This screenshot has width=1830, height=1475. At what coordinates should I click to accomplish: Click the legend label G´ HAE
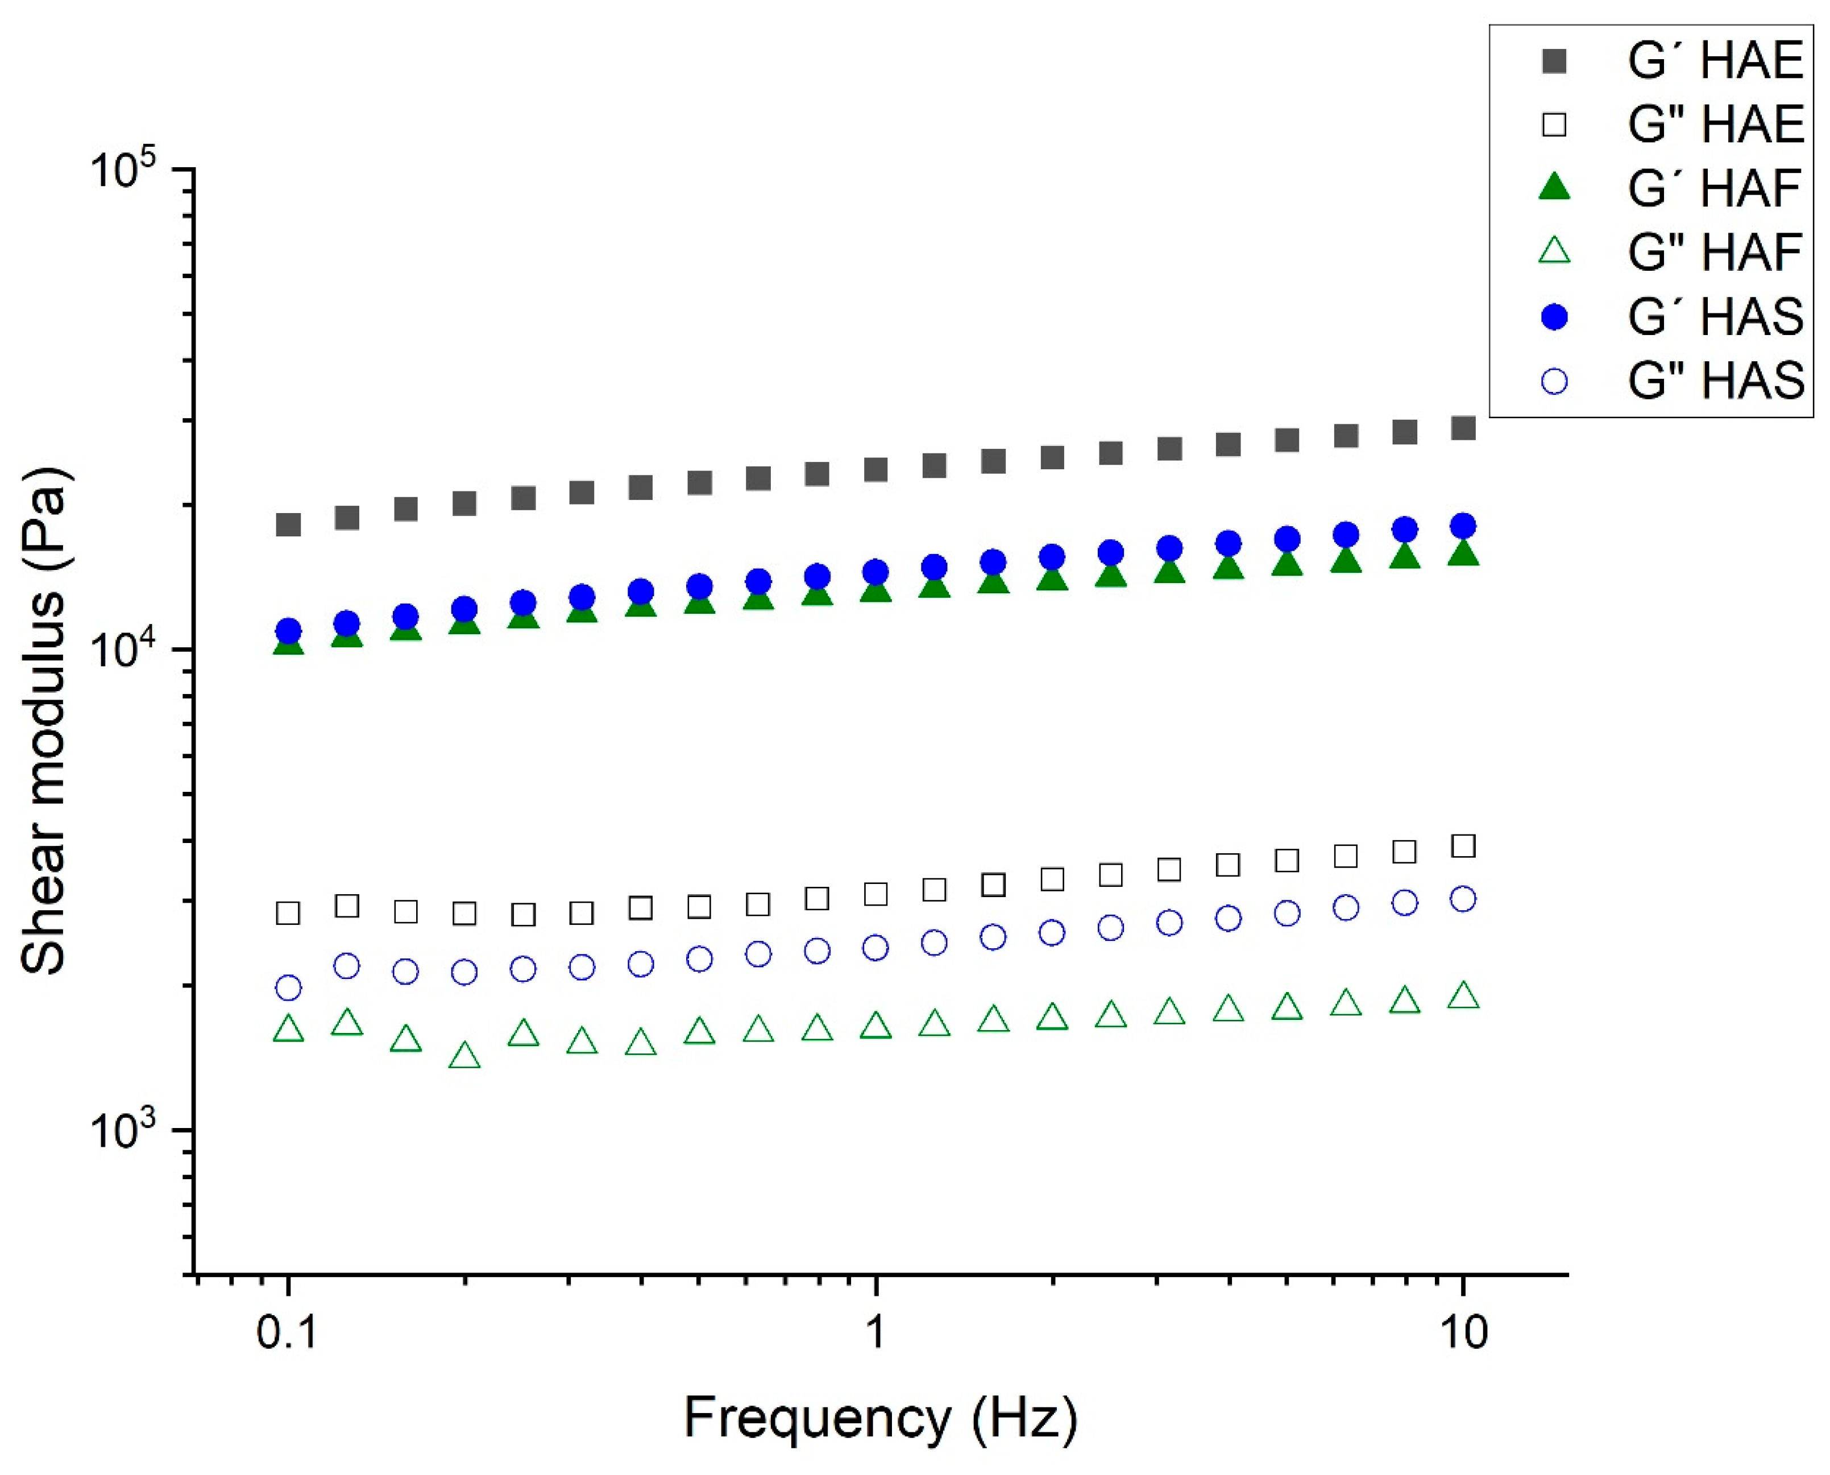pos(1715,61)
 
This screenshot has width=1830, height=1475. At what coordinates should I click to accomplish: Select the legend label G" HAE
pos(1715,125)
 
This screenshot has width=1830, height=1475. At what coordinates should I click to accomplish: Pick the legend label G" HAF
pos(1715,253)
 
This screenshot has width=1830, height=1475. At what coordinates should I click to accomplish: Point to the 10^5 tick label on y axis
pos(126,169)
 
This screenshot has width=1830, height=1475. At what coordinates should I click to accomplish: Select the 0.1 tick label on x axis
pos(288,1332)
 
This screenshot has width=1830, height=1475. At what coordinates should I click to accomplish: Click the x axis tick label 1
pos(875,1332)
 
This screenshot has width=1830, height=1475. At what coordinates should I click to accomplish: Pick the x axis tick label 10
pos(1462,1332)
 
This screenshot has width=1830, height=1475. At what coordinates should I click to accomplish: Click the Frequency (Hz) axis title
pos(881,1417)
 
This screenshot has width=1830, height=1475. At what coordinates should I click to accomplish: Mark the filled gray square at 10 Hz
pos(1462,427)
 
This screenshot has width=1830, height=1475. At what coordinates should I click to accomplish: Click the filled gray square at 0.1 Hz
pos(289,524)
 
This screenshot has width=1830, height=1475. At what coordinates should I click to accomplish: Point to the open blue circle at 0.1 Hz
pos(289,988)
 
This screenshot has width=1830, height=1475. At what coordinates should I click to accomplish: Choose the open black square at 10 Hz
pos(1462,845)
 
